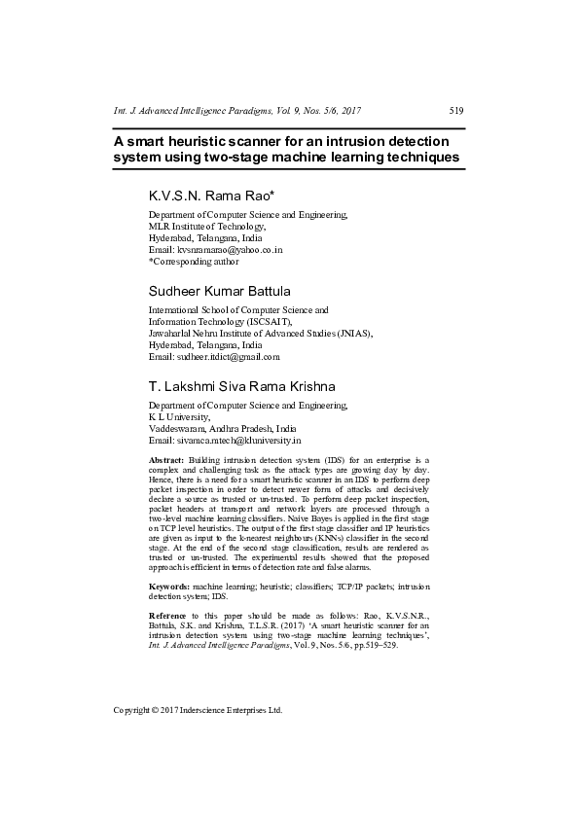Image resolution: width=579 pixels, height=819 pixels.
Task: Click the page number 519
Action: pyautogui.click(x=456, y=110)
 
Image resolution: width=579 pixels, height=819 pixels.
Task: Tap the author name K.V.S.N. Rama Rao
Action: pyautogui.click(x=211, y=196)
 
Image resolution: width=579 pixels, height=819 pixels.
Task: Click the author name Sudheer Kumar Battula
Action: pyautogui.click(x=220, y=291)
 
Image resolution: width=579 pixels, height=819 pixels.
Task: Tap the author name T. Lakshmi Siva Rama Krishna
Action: pyautogui.click(x=241, y=386)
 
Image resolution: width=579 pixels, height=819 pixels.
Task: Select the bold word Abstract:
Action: pyautogui.click(x=166, y=458)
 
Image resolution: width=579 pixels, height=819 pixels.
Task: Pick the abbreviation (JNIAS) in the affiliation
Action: pyautogui.click(x=354, y=332)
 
